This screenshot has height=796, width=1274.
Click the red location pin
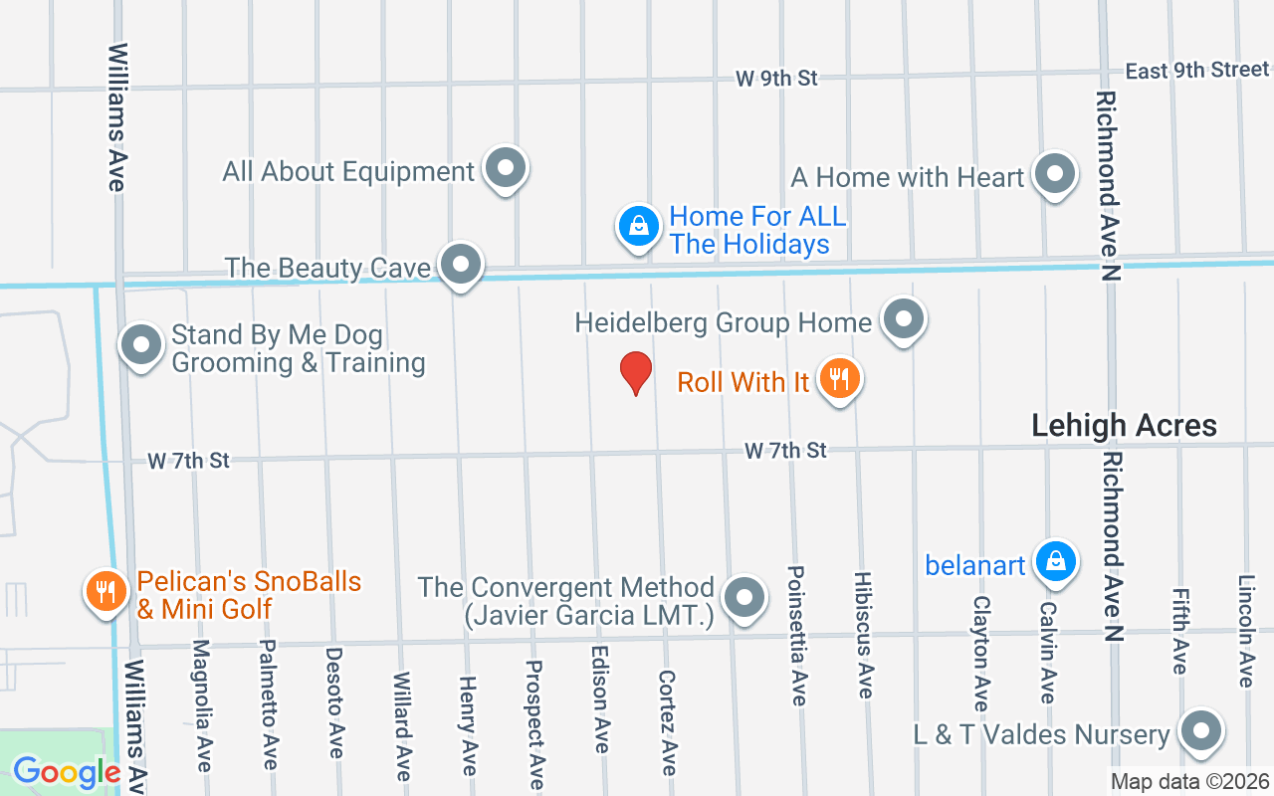(636, 373)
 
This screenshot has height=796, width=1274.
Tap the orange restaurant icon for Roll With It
(840, 379)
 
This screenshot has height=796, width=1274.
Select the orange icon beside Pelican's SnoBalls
(105, 591)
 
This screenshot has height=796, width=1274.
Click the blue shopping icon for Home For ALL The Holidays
(638, 226)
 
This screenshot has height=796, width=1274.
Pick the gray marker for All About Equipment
(506, 168)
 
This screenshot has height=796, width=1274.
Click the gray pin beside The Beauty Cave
(460, 265)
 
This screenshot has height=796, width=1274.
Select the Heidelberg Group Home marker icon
(904, 319)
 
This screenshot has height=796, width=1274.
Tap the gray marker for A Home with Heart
(1054, 175)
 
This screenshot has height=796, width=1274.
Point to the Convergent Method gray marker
(743, 599)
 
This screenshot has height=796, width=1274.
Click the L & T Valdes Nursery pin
(1200, 731)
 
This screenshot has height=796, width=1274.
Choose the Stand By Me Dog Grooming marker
(140, 345)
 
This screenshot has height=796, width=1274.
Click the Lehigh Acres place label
(1124, 426)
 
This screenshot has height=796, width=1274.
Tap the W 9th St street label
(776, 78)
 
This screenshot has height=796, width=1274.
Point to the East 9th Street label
(1196, 70)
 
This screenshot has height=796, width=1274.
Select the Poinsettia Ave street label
(796, 636)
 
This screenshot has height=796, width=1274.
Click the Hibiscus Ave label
(863, 635)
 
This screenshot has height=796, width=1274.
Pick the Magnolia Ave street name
(202, 704)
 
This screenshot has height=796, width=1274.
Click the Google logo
(66, 772)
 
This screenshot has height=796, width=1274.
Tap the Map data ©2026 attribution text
(1190, 782)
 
